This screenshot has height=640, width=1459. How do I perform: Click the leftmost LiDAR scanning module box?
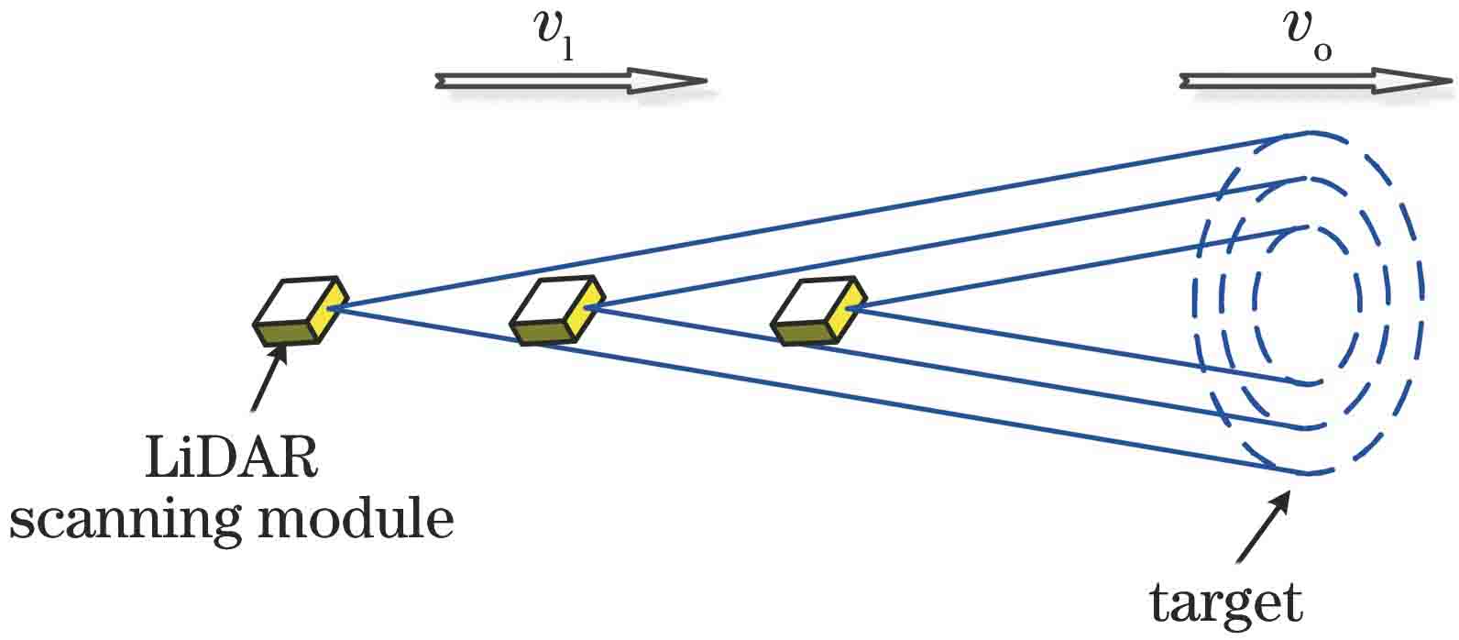coord(300,311)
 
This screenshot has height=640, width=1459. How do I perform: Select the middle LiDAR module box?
coord(556,311)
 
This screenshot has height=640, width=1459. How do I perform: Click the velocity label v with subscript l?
coord(554,36)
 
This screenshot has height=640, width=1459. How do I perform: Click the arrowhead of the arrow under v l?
coord(674,81)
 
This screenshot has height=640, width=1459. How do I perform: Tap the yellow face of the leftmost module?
coord(329,309)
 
